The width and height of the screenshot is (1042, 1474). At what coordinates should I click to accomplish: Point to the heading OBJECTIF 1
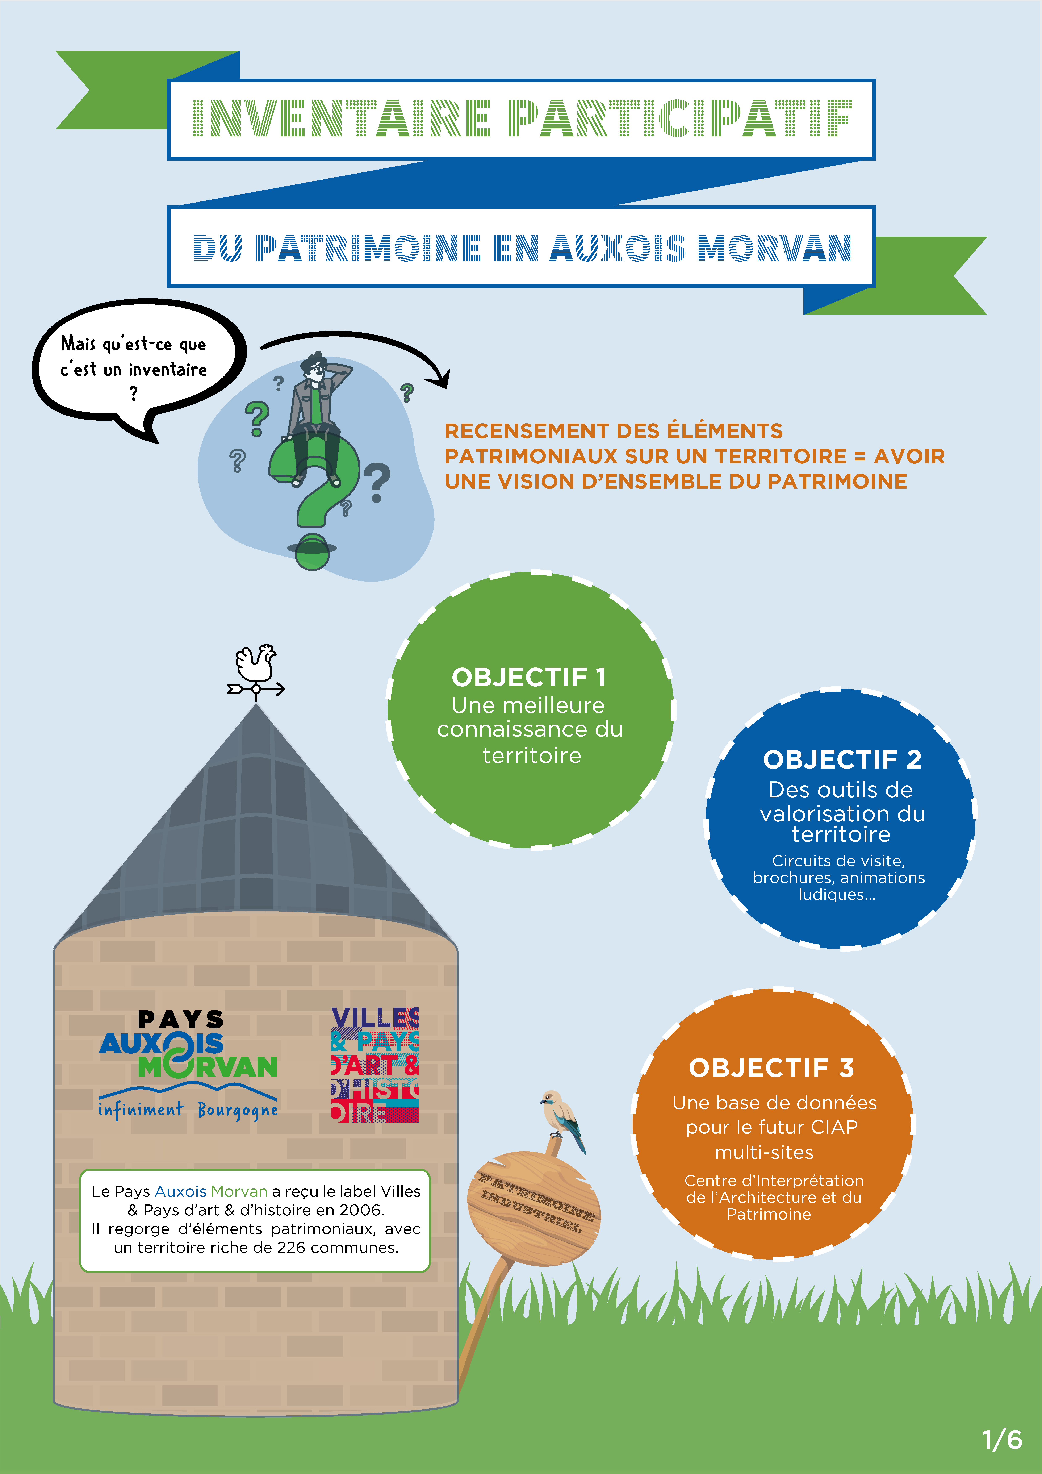point(529,677)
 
